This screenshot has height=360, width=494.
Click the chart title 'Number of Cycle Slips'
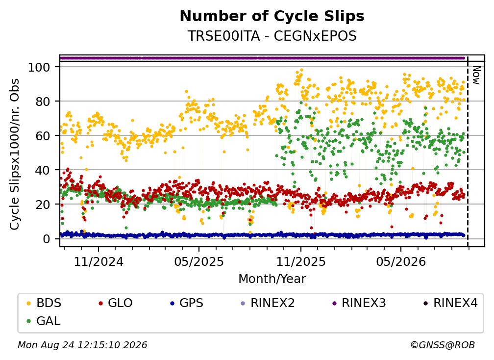(272, 16)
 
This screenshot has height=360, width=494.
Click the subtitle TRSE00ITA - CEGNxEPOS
(272, 36)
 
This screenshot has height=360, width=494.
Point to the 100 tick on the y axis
(39, 67)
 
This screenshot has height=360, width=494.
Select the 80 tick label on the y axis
(43, 102)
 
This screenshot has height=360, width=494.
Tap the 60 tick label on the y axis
(43, 136)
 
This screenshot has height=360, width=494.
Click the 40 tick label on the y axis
(43, 170)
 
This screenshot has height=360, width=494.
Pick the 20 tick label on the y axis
(43, 205)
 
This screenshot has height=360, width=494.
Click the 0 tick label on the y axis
(47, 239)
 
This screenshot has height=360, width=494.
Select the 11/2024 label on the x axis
(99, 262)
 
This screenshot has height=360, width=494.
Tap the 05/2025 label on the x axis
(199, 262)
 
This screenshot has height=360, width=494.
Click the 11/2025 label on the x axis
(301, 262)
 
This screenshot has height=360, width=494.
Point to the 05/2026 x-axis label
(401, 262)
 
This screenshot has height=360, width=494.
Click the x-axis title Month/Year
(272, 279)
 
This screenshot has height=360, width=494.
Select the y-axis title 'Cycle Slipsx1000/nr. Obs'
(15, 154)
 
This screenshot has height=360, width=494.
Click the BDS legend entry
(44, 303)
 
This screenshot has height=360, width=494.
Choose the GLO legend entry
(115, 303)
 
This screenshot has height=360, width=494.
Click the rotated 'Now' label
(476, 75)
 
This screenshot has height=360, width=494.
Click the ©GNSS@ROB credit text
(443, 345)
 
